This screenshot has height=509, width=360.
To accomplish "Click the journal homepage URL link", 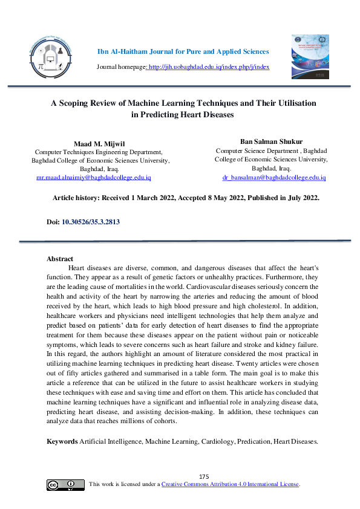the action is [x=209, y=66].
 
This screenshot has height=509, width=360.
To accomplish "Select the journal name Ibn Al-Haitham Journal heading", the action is [x=183, y=51].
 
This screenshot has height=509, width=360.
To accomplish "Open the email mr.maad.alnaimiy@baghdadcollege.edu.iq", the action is [x=94, y=178].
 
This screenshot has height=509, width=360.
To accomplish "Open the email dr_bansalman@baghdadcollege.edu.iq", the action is [x=274, y=177].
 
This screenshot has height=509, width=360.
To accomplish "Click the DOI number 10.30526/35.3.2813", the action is [x=91, y=222].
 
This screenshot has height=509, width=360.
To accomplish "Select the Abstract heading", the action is [x=60, y=259].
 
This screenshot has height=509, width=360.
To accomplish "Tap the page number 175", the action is [x=204, y=476].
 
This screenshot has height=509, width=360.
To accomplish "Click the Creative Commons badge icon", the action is [x=65, y=485].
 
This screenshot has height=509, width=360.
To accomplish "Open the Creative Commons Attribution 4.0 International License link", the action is [x=231, y=485].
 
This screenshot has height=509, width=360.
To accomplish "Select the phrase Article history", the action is [x=76, y=198].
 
